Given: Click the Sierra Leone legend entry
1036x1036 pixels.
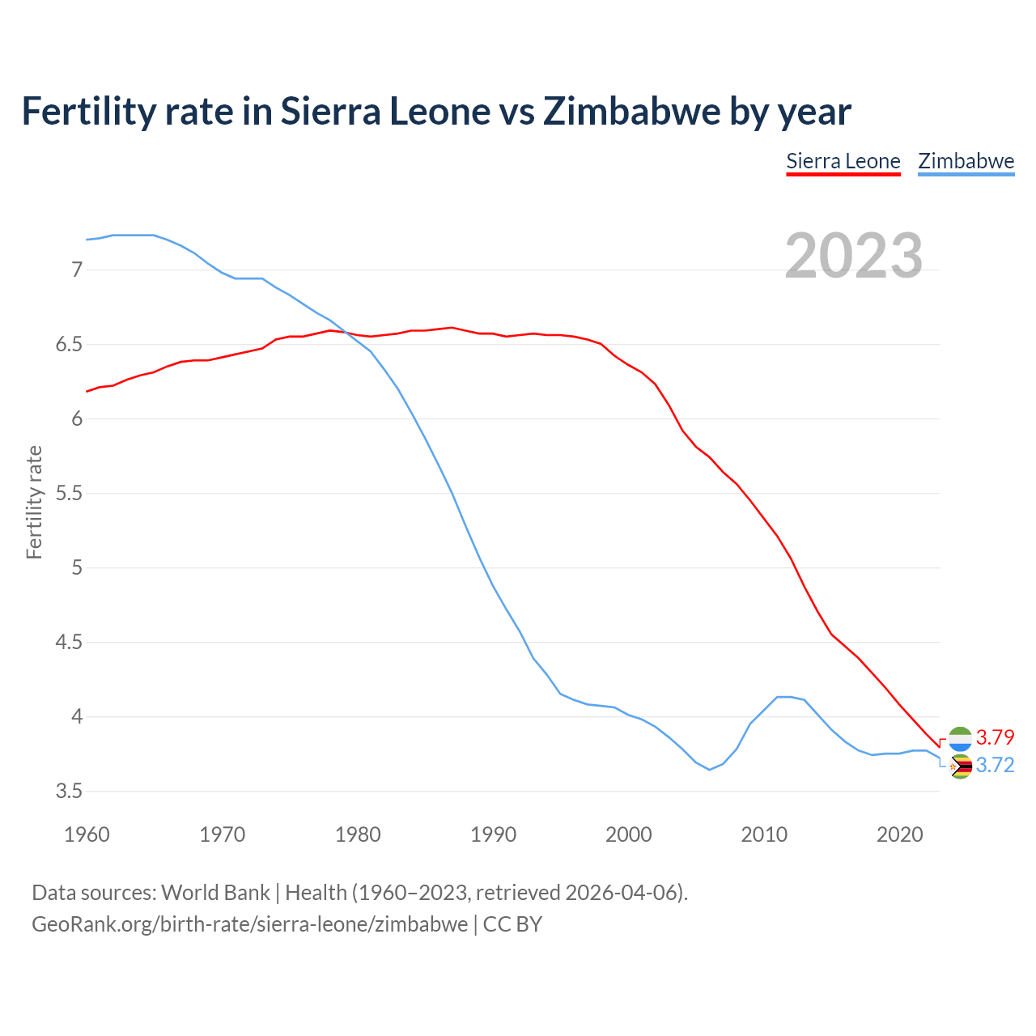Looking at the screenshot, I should [x=843, y=161].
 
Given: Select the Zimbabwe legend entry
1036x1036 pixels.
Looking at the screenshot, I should [x=966, y=161].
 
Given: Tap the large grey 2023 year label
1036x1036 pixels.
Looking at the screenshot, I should [x=854, y=256].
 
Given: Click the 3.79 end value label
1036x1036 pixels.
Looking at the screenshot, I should [x=995, y=737].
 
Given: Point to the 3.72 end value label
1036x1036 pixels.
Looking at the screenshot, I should [x=995, y=766].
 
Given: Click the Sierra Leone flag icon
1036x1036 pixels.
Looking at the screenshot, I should [x=960, y=737].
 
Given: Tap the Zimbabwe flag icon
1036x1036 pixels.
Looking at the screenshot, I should [x=960, y=766].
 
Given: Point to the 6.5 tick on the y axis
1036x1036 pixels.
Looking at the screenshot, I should [x=70, y=345].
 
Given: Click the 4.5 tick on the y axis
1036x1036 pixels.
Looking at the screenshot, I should [x=70, y=643].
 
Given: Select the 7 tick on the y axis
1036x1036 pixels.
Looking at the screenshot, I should [x=77, y=270].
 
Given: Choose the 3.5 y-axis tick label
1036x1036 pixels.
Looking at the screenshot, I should [x=70, y=792].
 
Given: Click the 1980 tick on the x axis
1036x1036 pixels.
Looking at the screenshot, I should [x=358, y=834].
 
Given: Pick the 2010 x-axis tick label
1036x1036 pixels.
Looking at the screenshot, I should [x=764, y=834].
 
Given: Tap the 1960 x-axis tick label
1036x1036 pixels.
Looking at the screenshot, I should [x=87, y=834].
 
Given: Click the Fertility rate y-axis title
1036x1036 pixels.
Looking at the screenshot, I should [x=34, y=502].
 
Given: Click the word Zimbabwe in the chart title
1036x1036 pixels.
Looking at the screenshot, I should [x=631, y=111].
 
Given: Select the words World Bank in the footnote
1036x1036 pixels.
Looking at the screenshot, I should [x=215, y=893].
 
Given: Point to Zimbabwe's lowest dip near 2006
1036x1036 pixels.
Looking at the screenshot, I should [x=710, y=770].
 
